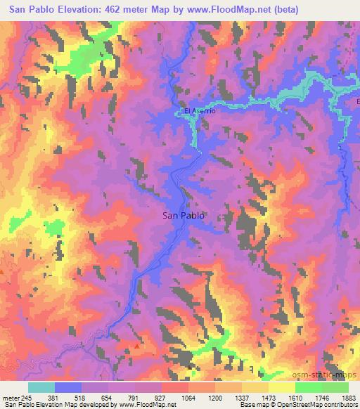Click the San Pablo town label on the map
(184, 216)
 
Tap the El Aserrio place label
(198, 111)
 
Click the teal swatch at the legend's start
(41, 387)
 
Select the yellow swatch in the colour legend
(281, 387)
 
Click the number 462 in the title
(112, 9)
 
